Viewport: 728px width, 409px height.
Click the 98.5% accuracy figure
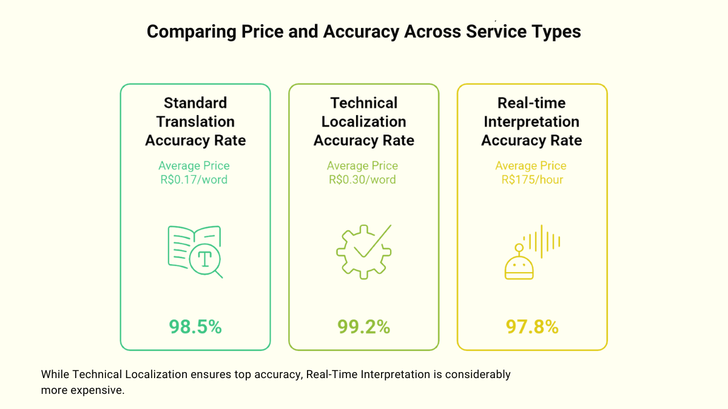(195, 327)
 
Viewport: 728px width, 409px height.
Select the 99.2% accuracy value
(363, 327)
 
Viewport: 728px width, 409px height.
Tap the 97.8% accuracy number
(532, 327)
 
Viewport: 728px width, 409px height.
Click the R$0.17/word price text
(194, 179)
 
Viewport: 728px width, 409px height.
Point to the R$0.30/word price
(363, 179)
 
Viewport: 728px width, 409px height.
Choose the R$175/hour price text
(531, 179)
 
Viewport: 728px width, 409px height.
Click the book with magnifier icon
(194, 251)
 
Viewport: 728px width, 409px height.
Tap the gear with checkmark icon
(363, 251)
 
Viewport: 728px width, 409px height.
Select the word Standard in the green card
(195, 103)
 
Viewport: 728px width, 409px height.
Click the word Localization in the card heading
(363, 122)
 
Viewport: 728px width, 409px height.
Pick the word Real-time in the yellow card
(531, 103)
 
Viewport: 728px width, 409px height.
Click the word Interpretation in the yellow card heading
(531, 122)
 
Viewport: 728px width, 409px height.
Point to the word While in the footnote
(55, 374)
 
